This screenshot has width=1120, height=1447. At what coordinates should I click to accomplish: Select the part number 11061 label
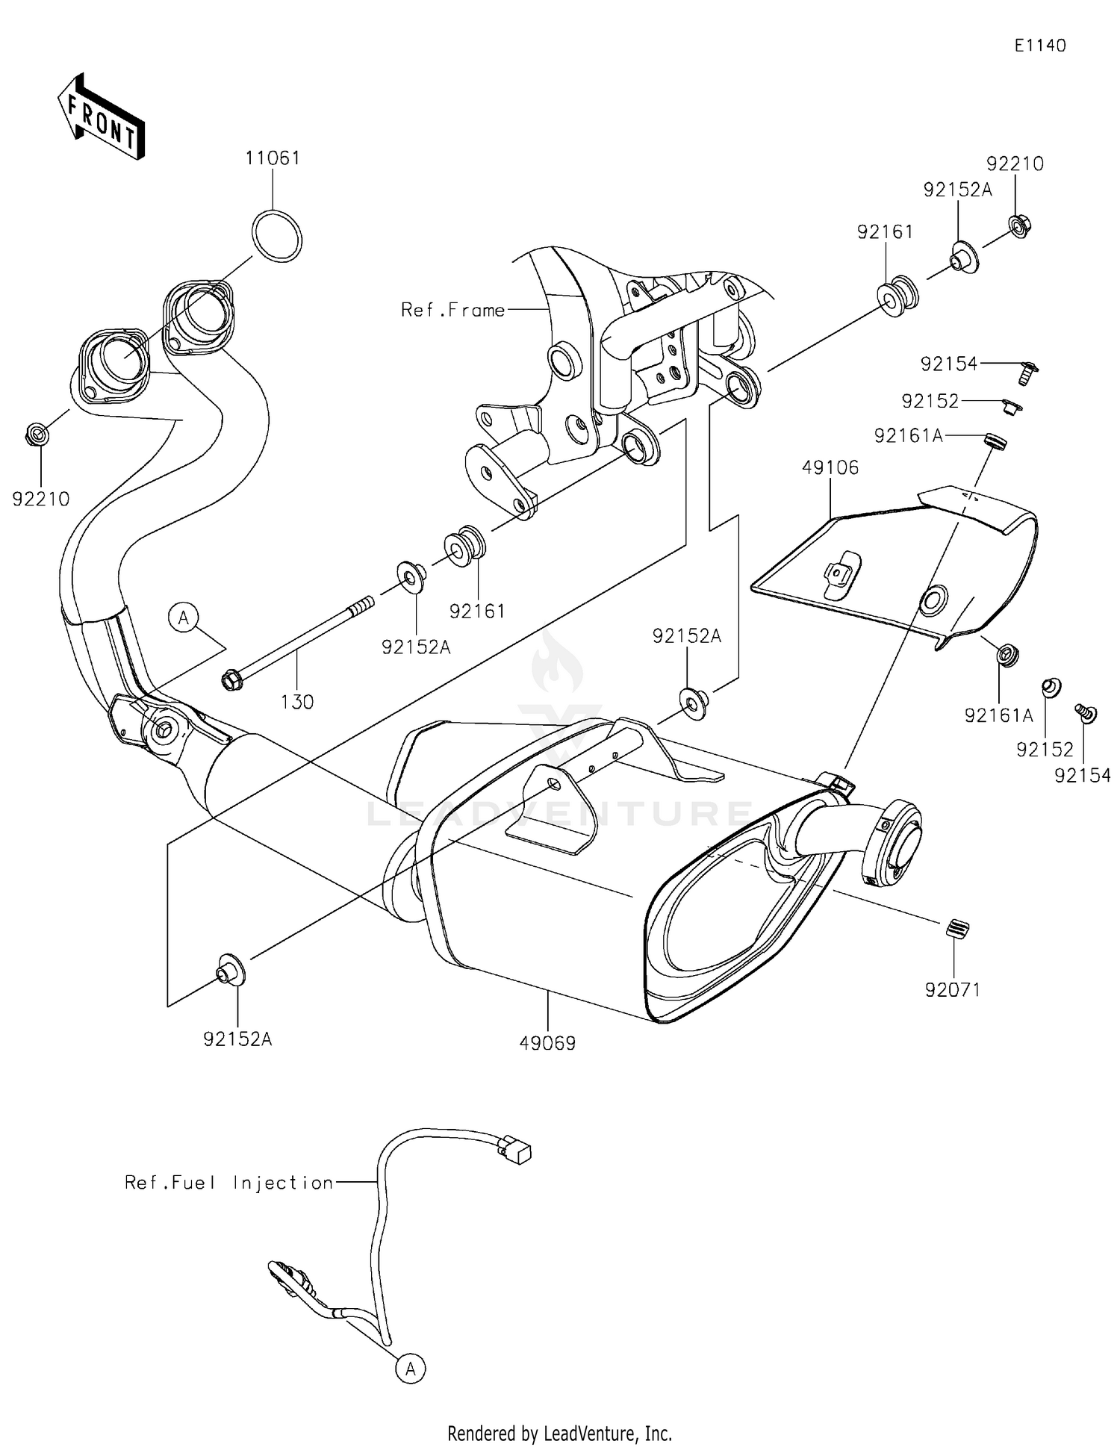tap(273, 158)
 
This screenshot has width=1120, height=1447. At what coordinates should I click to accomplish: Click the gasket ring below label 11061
tap(277, 236)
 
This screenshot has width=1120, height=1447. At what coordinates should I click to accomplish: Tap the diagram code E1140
tap(1039, 46)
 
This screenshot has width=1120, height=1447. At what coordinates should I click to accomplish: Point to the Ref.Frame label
tap(452, 310)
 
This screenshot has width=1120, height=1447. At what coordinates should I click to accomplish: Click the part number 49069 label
tap(547, 1044)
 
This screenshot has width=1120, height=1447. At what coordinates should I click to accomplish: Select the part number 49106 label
tap(830, 468)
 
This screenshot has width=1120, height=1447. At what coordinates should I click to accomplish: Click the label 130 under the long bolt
tap(297, 702)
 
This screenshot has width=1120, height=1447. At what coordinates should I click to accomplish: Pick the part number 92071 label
tap(952, 990)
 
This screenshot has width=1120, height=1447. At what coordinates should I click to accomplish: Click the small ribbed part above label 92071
tap(955, 929)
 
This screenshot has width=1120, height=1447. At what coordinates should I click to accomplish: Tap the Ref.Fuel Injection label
tap(228, 1183)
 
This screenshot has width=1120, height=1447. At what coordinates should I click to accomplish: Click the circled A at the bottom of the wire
tap(410, 1369)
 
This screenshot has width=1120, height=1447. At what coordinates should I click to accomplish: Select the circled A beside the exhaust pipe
tap(184, 617)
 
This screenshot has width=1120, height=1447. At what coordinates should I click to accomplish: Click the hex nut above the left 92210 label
tap(37, 433)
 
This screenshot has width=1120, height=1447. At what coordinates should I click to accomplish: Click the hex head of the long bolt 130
tap(231, 680)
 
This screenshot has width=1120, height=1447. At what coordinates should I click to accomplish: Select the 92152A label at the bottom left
tap(237, 1039)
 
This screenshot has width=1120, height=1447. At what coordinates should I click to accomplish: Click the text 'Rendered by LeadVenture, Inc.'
tap(559, 1433)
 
